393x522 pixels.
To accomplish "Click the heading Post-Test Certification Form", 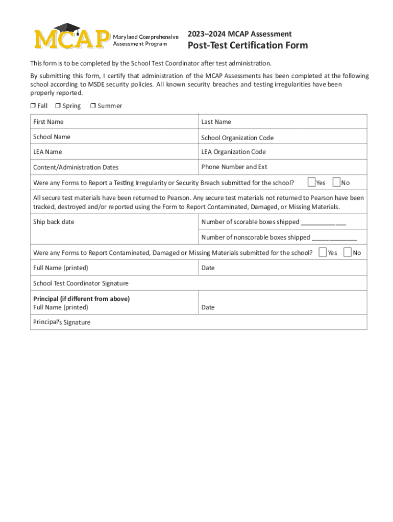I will tap(248, 45).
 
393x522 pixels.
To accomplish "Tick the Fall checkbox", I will tap(32, 106).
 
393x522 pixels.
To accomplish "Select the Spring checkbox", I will tap(58, 106).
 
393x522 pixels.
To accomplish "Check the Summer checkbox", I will tap(93, 106).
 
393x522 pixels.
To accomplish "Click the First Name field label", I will tap(48, 122).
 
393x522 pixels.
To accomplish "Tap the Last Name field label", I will tap(216, 122).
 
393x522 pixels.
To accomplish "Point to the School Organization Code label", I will tap(237, 138).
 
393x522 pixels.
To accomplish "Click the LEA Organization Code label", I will tap(233, 152).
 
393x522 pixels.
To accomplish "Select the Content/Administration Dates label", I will tap(76, 167).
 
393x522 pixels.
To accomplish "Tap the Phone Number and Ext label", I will tap(234, 167).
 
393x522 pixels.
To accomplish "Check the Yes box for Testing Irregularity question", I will tap(311, 182).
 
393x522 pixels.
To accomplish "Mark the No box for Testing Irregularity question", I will tap(336, 182).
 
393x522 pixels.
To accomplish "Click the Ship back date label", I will tap(54, 222).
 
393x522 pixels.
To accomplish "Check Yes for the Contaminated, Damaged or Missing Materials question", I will tap(323, 252).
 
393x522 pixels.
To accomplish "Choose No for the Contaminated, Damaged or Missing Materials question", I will tap(348, 252).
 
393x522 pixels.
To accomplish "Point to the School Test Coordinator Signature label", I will tap(81, 283).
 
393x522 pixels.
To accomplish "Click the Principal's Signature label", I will tap(61, 322).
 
